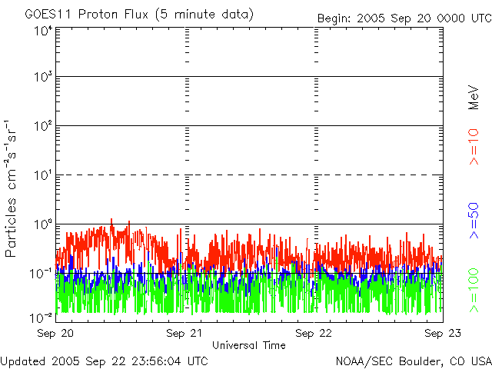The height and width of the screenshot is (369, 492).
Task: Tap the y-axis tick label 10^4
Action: coord(43,31)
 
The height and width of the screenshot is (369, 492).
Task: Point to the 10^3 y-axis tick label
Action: coord(43,78)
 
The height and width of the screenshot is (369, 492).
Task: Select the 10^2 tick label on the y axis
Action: coord(43,127)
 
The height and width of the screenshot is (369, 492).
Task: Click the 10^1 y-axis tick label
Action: coord(43,176)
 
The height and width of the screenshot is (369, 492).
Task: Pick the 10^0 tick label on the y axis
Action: coord(43,225)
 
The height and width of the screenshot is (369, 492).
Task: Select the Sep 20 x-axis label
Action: coord(55,333)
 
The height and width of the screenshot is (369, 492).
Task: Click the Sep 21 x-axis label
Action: coord(184,333)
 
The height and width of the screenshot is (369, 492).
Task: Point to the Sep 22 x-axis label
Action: coord(314,333)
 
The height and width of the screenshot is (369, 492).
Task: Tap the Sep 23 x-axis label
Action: coord(441,333)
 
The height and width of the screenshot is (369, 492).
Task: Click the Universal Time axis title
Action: coord(248,345)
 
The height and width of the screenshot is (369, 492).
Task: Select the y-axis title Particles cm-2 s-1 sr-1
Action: coord(13,188)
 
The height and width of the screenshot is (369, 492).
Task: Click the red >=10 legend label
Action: coord(474,146)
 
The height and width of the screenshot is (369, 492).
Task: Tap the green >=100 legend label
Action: coord(474,291)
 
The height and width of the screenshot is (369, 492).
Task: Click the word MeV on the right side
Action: coord(474,98)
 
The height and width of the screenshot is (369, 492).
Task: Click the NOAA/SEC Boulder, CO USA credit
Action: coord(413,360)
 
